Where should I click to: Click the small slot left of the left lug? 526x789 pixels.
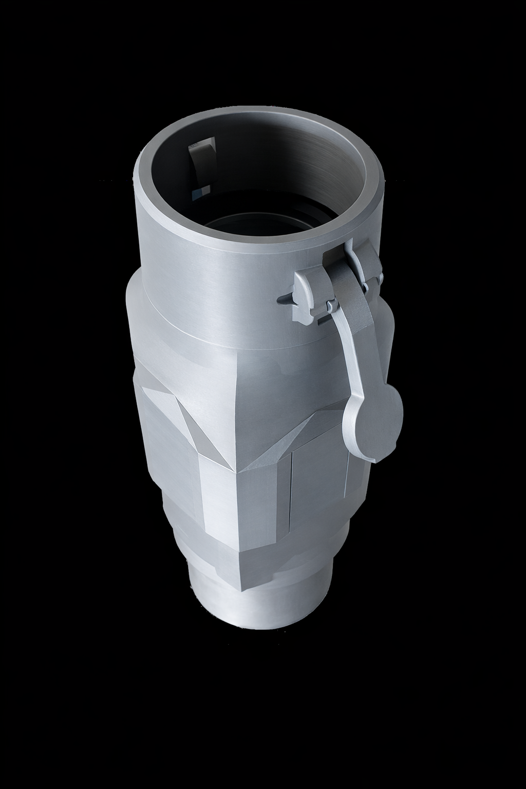284,298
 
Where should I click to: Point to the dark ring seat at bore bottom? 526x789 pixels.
257,226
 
